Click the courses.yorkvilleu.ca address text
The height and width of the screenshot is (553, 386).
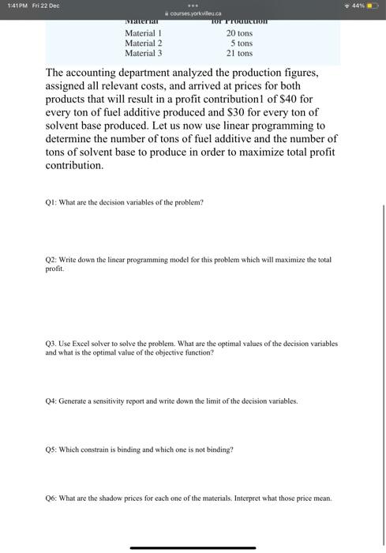pyautogui.click(x=193, y=13)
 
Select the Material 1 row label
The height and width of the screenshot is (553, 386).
pyautogui.click(x=143, y=33)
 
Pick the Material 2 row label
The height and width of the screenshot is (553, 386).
pyautogui.click(x=143, y=43)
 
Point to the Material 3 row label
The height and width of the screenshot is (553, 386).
pyautogui.click(x=143, y=54)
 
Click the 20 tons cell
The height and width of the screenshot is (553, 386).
pyautogui.click(x=239, y=33)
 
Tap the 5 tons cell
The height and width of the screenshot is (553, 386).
pyautogui.click(x=241, y=43)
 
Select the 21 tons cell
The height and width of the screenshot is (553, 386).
pyautogui.click(x=239, y=54)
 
